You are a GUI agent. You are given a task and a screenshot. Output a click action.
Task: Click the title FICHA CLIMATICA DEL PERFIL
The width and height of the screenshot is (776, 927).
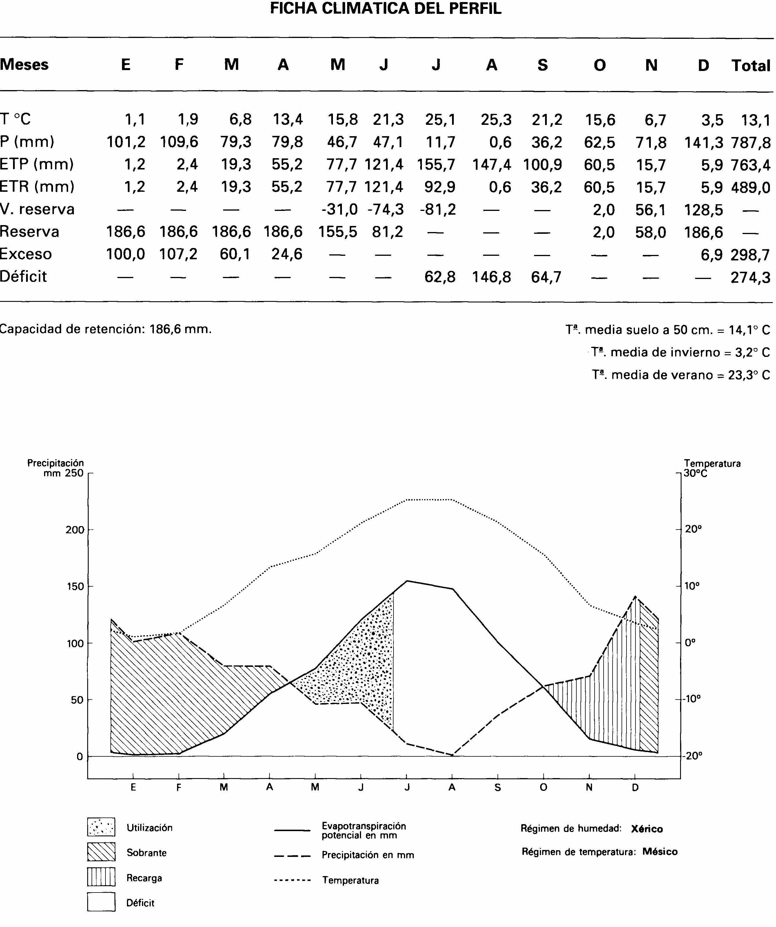[386, 9]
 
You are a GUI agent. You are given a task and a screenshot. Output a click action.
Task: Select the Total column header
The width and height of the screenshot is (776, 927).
[751, 66]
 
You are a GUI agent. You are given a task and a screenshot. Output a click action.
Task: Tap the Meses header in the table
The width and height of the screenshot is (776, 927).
[24, 64]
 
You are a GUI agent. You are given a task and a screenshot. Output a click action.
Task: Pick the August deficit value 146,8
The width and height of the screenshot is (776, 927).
[491, 277]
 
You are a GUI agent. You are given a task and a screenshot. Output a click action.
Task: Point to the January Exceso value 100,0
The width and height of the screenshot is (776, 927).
[125, 254]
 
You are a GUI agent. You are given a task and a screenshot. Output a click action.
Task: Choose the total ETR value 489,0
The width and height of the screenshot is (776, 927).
[751, 187]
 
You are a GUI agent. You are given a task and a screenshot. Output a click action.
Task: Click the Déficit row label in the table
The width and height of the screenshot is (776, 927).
[23, 276]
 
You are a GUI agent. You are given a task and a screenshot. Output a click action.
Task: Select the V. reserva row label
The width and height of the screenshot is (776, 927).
[38, 209]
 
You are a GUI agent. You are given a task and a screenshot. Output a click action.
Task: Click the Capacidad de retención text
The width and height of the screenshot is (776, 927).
[106, 329]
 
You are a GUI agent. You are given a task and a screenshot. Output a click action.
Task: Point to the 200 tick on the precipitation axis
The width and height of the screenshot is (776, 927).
[75, 530]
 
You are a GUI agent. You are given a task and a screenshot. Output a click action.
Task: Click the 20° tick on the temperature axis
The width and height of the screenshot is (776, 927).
[693, 529]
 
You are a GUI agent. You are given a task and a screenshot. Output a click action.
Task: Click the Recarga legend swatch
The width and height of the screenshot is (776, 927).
[101, 877]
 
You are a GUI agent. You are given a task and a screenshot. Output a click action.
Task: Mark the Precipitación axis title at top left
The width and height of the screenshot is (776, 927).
[56, 463]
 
